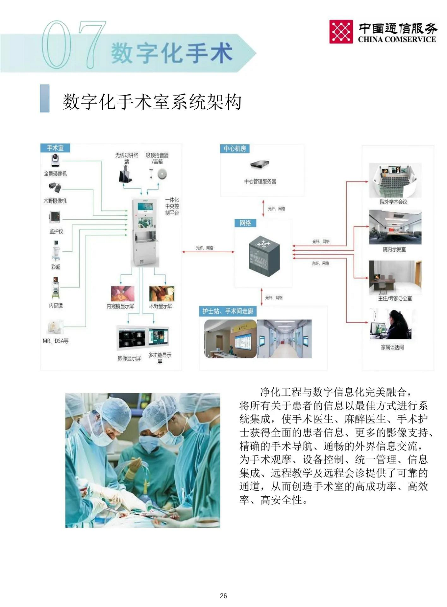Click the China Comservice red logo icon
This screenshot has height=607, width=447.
tap(341, 32)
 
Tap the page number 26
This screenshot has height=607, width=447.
tap(223, 595)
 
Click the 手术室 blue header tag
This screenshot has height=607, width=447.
tap(55, 148)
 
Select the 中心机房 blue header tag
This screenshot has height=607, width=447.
tap(235, 149)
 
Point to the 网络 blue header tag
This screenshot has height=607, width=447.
tap(245, 223)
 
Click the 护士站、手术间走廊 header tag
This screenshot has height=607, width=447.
tap(228, 311)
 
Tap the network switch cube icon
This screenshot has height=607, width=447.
tap(264, 256)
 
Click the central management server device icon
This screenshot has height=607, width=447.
tap(260, 164)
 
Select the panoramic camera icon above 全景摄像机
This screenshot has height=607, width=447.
tap(55, 161)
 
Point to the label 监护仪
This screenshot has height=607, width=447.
tap(56, 231)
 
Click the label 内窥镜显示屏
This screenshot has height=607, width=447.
tap(120, 306)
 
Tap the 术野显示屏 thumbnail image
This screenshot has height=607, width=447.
tap(161, 293)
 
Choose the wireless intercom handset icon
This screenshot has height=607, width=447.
tap(125, 175)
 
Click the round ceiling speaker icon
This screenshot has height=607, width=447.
tap(162, 174)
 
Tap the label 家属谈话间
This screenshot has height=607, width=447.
tap(392, 347)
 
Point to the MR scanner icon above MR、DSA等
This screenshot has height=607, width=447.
tap(56, 327)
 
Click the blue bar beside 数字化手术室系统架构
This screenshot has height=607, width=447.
tap(45, 98)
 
